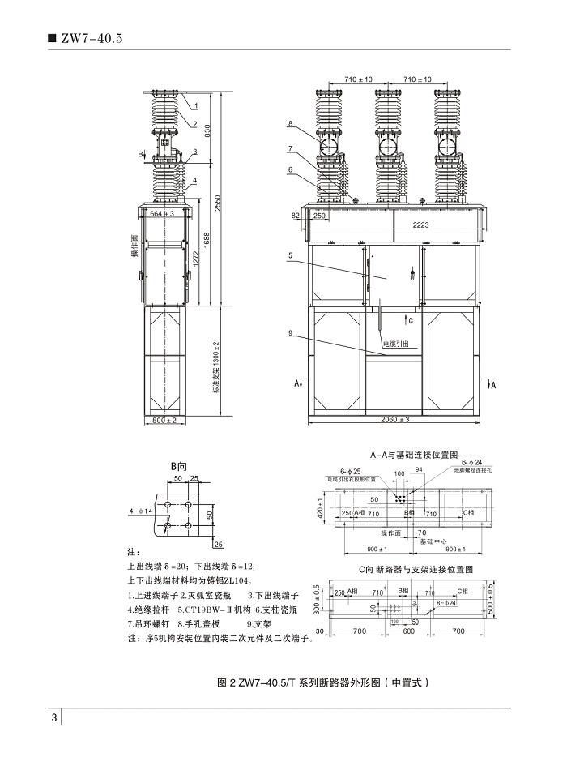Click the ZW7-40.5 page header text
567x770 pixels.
click(x=89, y=37)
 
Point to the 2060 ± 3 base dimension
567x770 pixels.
click(x=395, y=419)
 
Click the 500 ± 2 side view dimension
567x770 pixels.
click(x=164, y=420)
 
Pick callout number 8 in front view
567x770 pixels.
click(x=289, y=123)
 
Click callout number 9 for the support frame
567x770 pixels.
click(x=289, y=332)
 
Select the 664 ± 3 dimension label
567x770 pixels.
click(x=163, y=214)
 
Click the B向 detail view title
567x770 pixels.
click(x=178, y=468)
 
